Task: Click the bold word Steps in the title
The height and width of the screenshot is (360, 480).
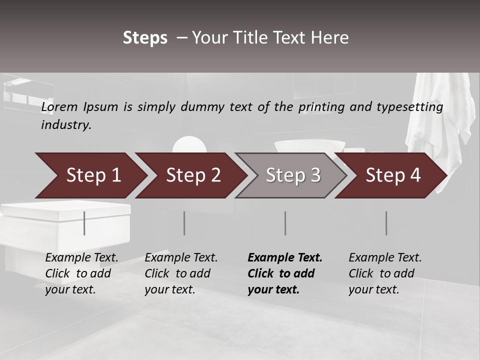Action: pyautogui.click(x=145, y=38)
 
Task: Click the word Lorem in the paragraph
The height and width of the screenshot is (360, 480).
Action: pyautogui.click(x=59, y=106)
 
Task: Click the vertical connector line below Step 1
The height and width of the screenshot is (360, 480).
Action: pyautogui.click(x=84, y=223)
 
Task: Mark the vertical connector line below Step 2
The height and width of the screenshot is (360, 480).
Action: pyautogui.click(x=184, y=223)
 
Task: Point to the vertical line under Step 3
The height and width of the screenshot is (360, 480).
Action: pyautogui.click(x=285, y=223)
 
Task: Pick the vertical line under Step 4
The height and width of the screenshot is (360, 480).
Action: pyautogui.click(x=386, y=223)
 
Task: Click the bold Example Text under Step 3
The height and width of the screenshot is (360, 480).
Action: pyautogui.click(x=285, y=258)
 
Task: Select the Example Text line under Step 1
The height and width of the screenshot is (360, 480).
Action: pyautogui.click(x=81, y=258)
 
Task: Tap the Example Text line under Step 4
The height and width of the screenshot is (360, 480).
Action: pyautogui.click(x=385, y=258)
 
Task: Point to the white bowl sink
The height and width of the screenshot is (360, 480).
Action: pyautogui.click(x=309, y=146)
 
